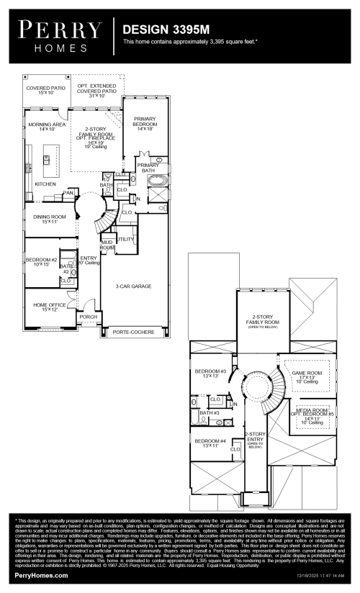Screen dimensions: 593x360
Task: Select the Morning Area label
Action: click(x=42, y=127)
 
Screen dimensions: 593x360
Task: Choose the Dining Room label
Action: click(x=49, y=219)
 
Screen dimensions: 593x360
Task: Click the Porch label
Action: click(x=88, y=316)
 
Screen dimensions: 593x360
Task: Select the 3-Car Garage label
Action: click(x=133, y=286)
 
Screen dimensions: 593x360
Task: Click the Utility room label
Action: click(x=125, y=238)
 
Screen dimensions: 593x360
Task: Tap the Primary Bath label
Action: click(x=148, y=168)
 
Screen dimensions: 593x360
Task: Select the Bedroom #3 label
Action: click(x=210, y=373)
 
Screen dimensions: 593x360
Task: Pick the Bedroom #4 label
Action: click(x=210, y=443)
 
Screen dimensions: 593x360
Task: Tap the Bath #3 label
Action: click(x=210, y=413)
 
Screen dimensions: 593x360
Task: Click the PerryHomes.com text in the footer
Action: click(x=41, y=576)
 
